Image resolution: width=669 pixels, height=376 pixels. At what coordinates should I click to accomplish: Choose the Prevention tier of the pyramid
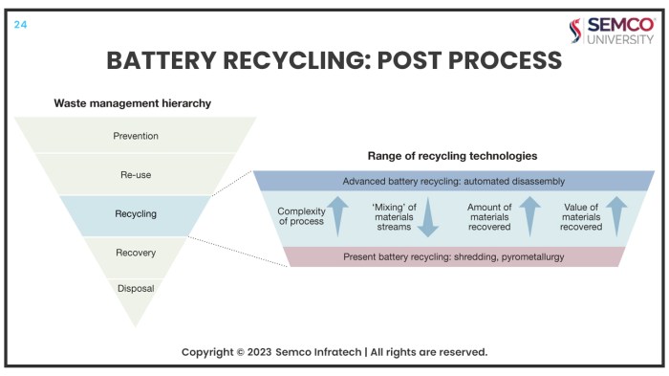(x=135, y=136)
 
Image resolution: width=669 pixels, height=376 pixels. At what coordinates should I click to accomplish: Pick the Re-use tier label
(x=135, y=175)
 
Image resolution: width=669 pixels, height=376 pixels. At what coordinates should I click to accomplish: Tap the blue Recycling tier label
(x=135, y=214)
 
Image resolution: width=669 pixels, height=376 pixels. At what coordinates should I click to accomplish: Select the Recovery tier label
(x=135, y=253)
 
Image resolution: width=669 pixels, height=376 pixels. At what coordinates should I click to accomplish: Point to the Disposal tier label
(x=135, y=288)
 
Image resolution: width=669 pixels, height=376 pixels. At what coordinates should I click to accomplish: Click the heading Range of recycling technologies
(x=452, y=155)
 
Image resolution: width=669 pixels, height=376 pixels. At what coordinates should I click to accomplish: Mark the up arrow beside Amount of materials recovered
(x=530, y=216)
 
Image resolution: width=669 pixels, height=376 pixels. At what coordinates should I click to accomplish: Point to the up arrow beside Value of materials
(x=615, y=216)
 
